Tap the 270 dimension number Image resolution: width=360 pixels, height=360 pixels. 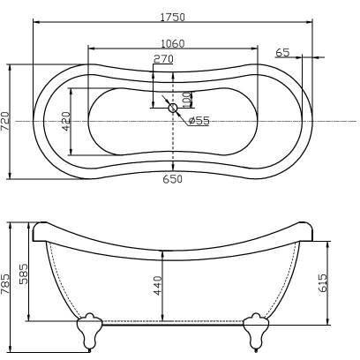coord(163,59)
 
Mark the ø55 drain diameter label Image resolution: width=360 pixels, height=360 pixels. coord(199,121)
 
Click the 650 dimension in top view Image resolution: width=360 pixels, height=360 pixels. coord(173,179)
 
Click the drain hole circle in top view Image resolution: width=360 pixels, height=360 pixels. coord(173,109)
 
